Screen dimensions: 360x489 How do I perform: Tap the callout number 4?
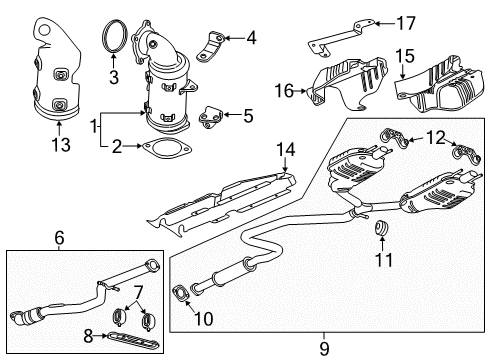pyautogui.click(x=250, y=39)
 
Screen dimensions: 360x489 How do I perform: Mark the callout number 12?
pyautogui.click(x=433, y=136)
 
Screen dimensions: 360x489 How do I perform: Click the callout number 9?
pyautogui.click(x=322, y=348)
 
